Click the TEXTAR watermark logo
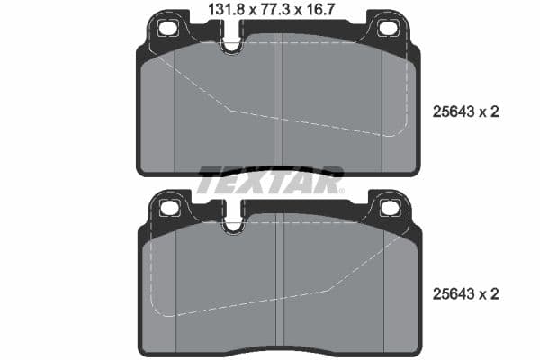pyautogui.click(x=271, y=180)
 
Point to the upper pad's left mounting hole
pyautogui.click(x=167, y=28)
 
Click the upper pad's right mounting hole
pyautogui.click(x=388, y=28)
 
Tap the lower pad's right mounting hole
pyautogui.click(x=389, y=209)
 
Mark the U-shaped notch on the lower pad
pyautogui.click(x=233, y=224)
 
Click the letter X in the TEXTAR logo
pyautogui.click(x=269, y=180)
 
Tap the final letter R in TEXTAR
pyautogui.click(x=328, y=180)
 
